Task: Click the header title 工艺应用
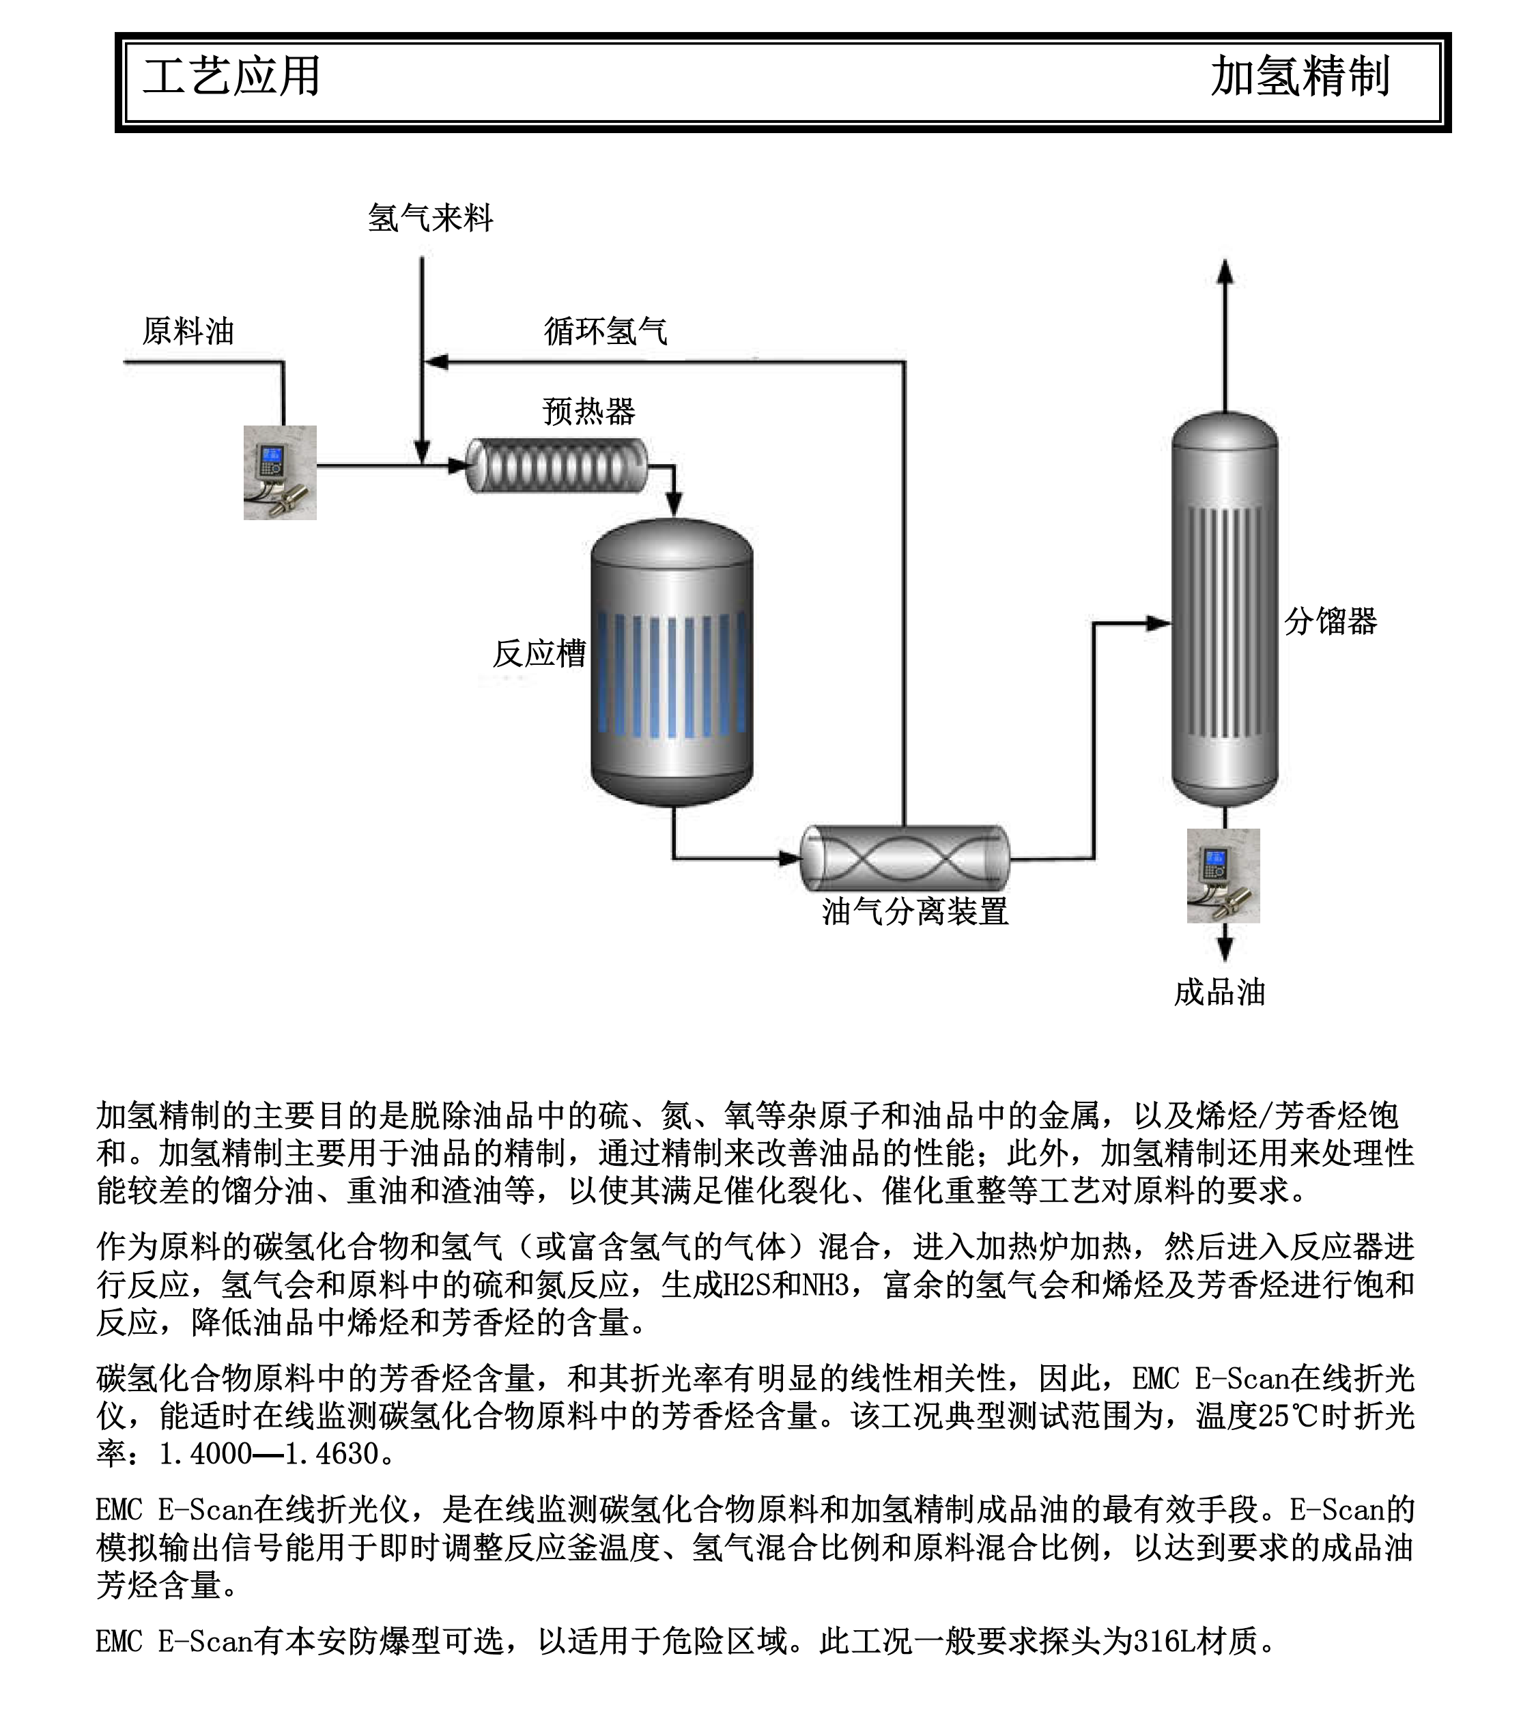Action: pos(231,77)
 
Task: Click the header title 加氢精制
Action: pos(1299,77)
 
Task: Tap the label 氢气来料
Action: pos(430,218)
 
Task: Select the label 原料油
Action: pos(188,330)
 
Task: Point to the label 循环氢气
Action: pos(605,330)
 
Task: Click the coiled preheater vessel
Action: pos(557,465)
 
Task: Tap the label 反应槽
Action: pos(539,653)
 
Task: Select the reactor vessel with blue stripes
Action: pos(672,663)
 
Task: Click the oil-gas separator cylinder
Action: pos(904,859)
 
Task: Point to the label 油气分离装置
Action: pos(915,911)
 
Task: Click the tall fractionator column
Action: pos(1224,608)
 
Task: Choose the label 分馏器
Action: pos(1330,621)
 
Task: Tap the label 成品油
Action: pos(1219,992)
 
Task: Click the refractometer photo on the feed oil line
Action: pos(280,472)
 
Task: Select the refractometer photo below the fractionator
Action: pos(1223,875)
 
